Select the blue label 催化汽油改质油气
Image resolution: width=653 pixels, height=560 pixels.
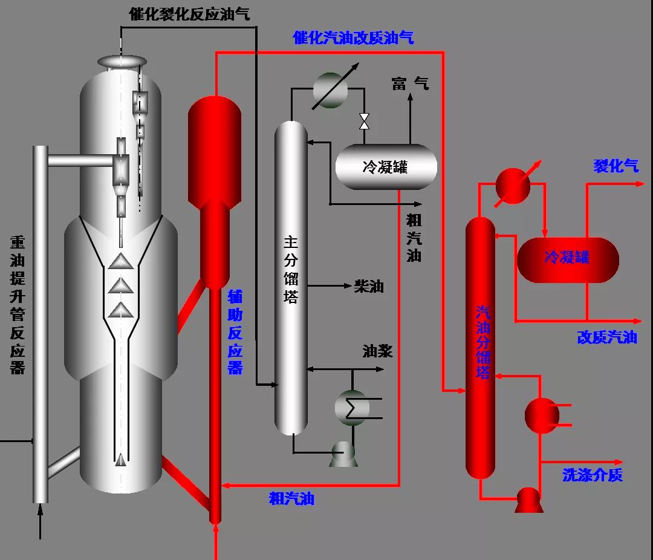coord(353,37)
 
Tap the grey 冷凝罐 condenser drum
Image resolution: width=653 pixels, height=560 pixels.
coord(386,167)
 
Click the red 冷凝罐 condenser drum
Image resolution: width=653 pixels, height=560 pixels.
coord(568,259)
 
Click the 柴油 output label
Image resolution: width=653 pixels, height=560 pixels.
coord(369,286)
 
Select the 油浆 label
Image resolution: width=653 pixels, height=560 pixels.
coord(377,351)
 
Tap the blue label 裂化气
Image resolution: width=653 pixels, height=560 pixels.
coord(616,166)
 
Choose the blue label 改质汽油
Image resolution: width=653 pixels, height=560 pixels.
coord(606,337)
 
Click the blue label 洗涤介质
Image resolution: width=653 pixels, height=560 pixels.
coord(592,475)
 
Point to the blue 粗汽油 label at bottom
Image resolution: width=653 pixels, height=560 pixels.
coord(291,499)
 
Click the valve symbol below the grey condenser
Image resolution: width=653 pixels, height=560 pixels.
coord(365,121)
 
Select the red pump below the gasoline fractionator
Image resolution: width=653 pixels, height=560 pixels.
coord(529,500)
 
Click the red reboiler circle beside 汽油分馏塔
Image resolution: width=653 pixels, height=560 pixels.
coord(542,414)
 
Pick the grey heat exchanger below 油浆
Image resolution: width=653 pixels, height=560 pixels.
coord(352,407)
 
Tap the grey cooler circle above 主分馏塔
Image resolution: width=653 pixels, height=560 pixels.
coord(330,91)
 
